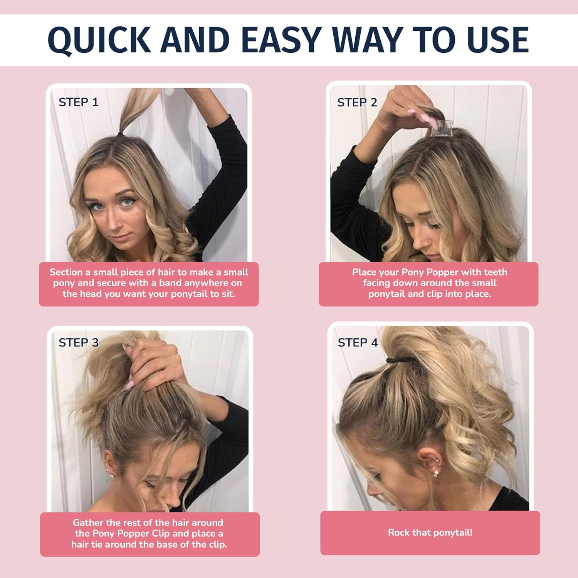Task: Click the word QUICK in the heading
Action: [99, 40]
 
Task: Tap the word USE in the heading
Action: [497, 40]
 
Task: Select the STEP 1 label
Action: [79, 102]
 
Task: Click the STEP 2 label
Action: [357, 102]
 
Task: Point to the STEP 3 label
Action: [79, 343]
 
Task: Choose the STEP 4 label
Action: [358, 343]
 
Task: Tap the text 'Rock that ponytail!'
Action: [430, 533]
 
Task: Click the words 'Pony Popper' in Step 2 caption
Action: [430, 272]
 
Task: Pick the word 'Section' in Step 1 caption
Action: [66, 272]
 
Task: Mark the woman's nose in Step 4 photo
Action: [371, 492]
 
